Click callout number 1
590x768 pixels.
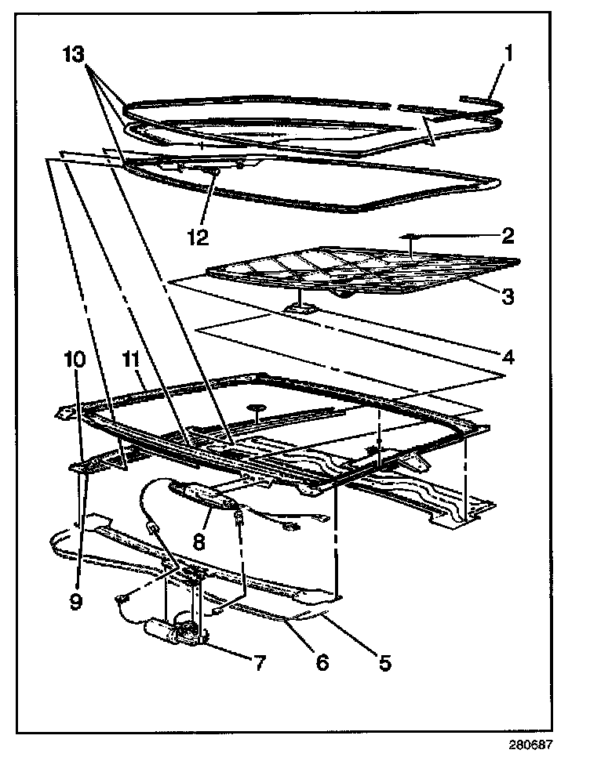(x=509, y=54)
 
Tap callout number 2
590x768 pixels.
(x=508, y=234)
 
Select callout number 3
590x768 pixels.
(x=508, y=295)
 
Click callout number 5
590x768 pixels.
(x=384, y=663)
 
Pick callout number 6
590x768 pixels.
(x=322, y=663)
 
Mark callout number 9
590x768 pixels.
(x=76, y=602)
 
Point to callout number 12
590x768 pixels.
(x=198, y=234)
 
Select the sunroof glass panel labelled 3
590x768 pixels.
(x=361, y=270)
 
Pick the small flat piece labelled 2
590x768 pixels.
(x=409, y=235)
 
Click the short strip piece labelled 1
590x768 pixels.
(x=477, y=100)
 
